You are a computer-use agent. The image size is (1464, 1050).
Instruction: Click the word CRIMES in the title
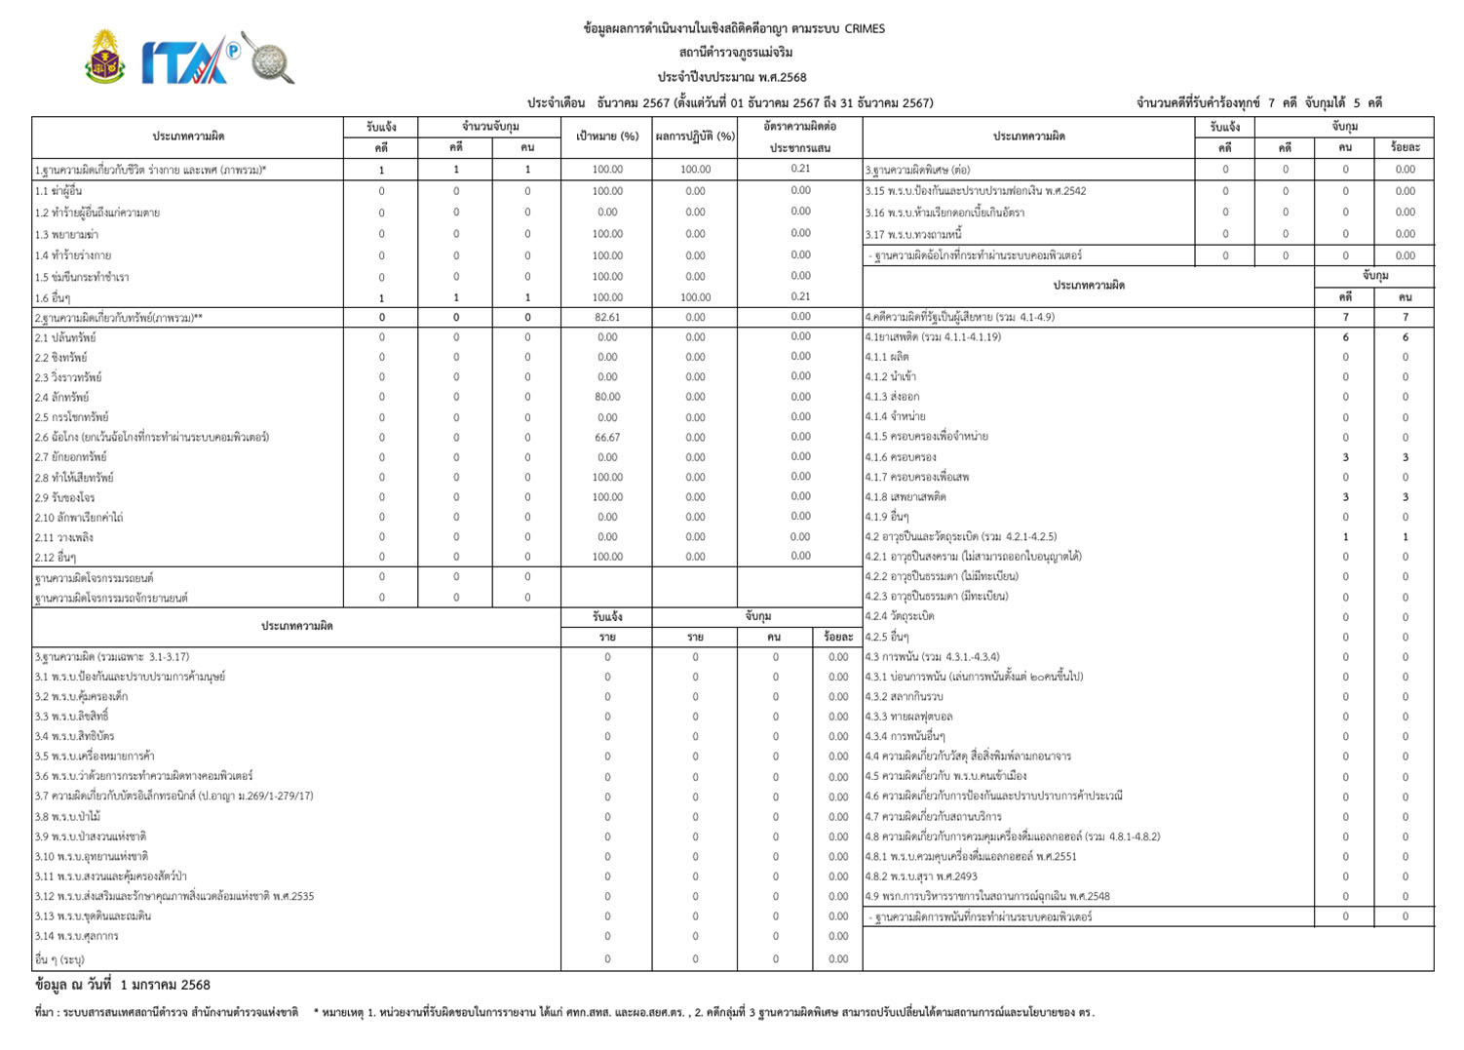pos(864,29)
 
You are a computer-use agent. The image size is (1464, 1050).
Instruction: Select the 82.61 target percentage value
pos(607,317)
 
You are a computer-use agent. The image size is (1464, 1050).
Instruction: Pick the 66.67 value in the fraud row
pos(607,438)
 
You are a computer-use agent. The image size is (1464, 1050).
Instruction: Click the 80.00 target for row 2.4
pos(607,397)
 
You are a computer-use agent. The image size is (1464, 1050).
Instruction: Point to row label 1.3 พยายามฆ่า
pos(66,235)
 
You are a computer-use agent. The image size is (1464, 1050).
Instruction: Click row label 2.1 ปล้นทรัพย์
pos(65,337)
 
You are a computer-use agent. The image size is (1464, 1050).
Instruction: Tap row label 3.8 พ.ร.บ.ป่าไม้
pos(68,817)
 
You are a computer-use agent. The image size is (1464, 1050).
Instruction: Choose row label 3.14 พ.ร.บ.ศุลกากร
pos(77,936)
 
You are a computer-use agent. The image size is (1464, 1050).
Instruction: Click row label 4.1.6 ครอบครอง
pos(901,457)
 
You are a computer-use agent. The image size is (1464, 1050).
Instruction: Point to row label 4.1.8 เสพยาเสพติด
pos(905,497)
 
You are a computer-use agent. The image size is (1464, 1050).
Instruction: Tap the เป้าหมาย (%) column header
pos(607,136)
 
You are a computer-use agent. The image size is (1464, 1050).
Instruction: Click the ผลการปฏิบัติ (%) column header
pos(695,136)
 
